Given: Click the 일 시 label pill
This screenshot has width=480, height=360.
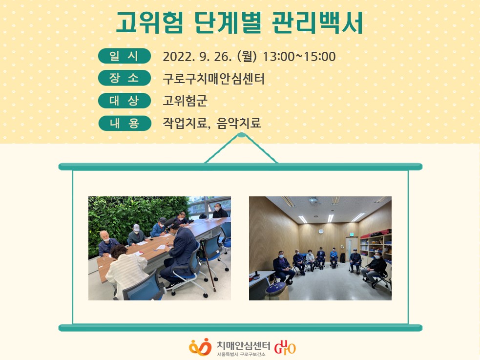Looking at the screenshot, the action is pyautogui.click(x=125, y=56).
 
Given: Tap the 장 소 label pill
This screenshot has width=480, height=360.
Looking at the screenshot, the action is pyautogui.click(x=125, y=78).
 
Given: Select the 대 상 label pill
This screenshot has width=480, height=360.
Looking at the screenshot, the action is pyautogui.click(x=125, y=101).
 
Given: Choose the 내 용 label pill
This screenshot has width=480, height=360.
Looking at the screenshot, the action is pyautogui.click(x=125, y=123).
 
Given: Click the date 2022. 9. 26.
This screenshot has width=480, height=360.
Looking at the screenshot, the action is pyautogui.click(x=197, y=57).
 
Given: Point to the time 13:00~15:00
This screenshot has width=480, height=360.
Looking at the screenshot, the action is pyautogui.click(x=299, y=57).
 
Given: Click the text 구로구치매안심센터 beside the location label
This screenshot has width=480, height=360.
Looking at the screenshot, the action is pyautogui.click(x=213, y=79).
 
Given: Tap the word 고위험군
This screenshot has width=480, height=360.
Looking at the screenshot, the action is pyautogui.click(x=185, y=101).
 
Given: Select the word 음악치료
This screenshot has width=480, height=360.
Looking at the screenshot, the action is pyautogui.click(x=238, y=123).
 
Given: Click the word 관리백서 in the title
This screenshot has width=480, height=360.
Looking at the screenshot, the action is pyautogui.click(x=317, y=22).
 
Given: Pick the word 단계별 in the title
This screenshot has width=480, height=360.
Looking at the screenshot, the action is pyautogui.click(x=228, y=22).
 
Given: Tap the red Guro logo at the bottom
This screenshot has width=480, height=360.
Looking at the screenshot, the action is pyautogui.click(x=285, y=347).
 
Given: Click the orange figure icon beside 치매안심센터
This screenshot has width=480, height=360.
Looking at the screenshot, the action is pyautogui.click(x=200, y=347).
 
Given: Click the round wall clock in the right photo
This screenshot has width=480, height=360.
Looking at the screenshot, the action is pyautogui.click(x=321, y=232).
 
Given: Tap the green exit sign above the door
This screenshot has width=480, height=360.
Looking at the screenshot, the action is pyautogui.click(x=353, y=234).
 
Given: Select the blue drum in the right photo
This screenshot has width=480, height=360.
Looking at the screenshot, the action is pyautogui.click(x=275, y=288).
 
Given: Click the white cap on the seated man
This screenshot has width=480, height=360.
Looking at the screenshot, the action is pyautogui.click(x=137, y=228).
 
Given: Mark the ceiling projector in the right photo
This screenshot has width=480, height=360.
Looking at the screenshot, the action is pyautogui.click(x=313, y=200).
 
